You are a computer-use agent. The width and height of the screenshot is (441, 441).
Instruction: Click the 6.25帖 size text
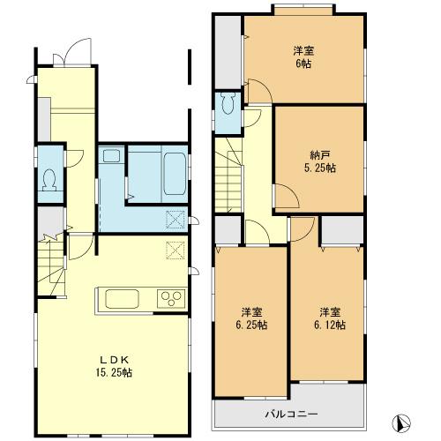pos(252,325)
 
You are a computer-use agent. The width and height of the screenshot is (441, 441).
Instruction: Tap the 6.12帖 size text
pos(329,325)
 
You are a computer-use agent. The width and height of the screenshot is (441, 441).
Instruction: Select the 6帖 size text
pos(304,64)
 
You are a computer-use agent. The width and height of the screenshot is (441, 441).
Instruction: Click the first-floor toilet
pos(49,180)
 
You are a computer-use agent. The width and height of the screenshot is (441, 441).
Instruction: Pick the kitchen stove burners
pos(169,298)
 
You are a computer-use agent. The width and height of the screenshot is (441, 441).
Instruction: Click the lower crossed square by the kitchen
pos(175,251)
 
